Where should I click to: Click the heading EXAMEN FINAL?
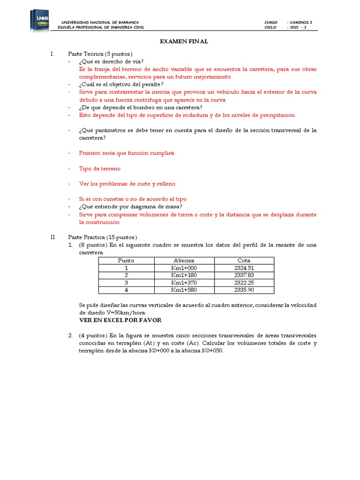coord(184,42)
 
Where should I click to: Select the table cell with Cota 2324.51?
coord(244,268)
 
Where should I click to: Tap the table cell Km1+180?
coord(184,275)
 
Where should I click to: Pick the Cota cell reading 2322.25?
coord(244,283)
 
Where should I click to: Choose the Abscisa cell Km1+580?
coord(184,290)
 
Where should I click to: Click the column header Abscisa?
coord(184,261)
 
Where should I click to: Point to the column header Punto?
coord(126,261)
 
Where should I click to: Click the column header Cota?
coord(244,261)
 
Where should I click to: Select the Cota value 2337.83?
coord(244,275)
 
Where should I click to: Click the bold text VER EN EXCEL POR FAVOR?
coord(120,320)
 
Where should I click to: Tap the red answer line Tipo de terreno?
coord(99,168)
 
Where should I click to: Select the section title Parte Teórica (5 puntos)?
coord(100,54)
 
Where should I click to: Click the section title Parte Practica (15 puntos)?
coord(102,237)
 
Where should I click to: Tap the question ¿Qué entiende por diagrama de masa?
coord(131,207)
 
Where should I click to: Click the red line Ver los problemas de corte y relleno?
coord(127,184)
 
